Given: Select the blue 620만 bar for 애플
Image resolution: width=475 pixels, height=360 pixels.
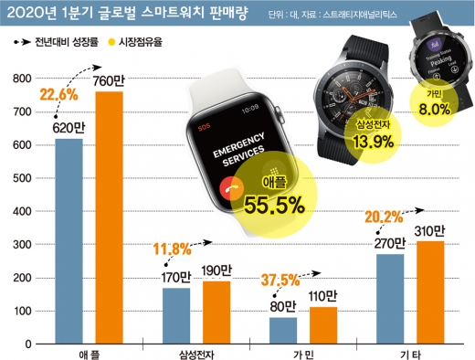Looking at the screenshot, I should (68, 241).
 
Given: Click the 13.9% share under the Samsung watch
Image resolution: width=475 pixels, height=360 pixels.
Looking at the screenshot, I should (348, 141).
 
